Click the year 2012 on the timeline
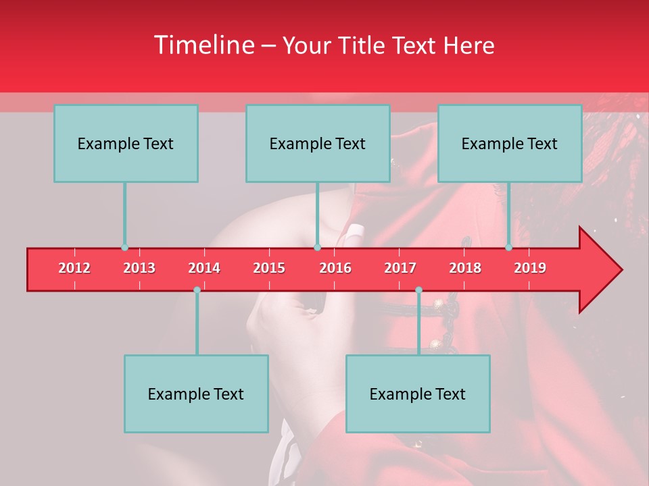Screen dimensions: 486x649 74,268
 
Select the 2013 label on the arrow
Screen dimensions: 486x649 139,268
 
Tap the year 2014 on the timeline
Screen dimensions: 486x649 204,268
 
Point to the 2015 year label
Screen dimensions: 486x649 269,268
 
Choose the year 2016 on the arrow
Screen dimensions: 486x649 335,268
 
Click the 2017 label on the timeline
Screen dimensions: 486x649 400,268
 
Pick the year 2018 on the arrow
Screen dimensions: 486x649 465,268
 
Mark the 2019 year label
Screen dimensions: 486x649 530,268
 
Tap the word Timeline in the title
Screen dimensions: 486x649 203,45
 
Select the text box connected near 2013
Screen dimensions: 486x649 126,143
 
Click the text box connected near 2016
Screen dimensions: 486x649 318,143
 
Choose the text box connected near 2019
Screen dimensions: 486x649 510,143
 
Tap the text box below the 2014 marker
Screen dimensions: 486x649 196,394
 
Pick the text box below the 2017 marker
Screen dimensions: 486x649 418,394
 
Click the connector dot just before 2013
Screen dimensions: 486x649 124,248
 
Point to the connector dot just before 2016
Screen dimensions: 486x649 317,248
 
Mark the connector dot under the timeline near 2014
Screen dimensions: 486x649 197,290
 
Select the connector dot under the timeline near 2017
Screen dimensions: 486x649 418,290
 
